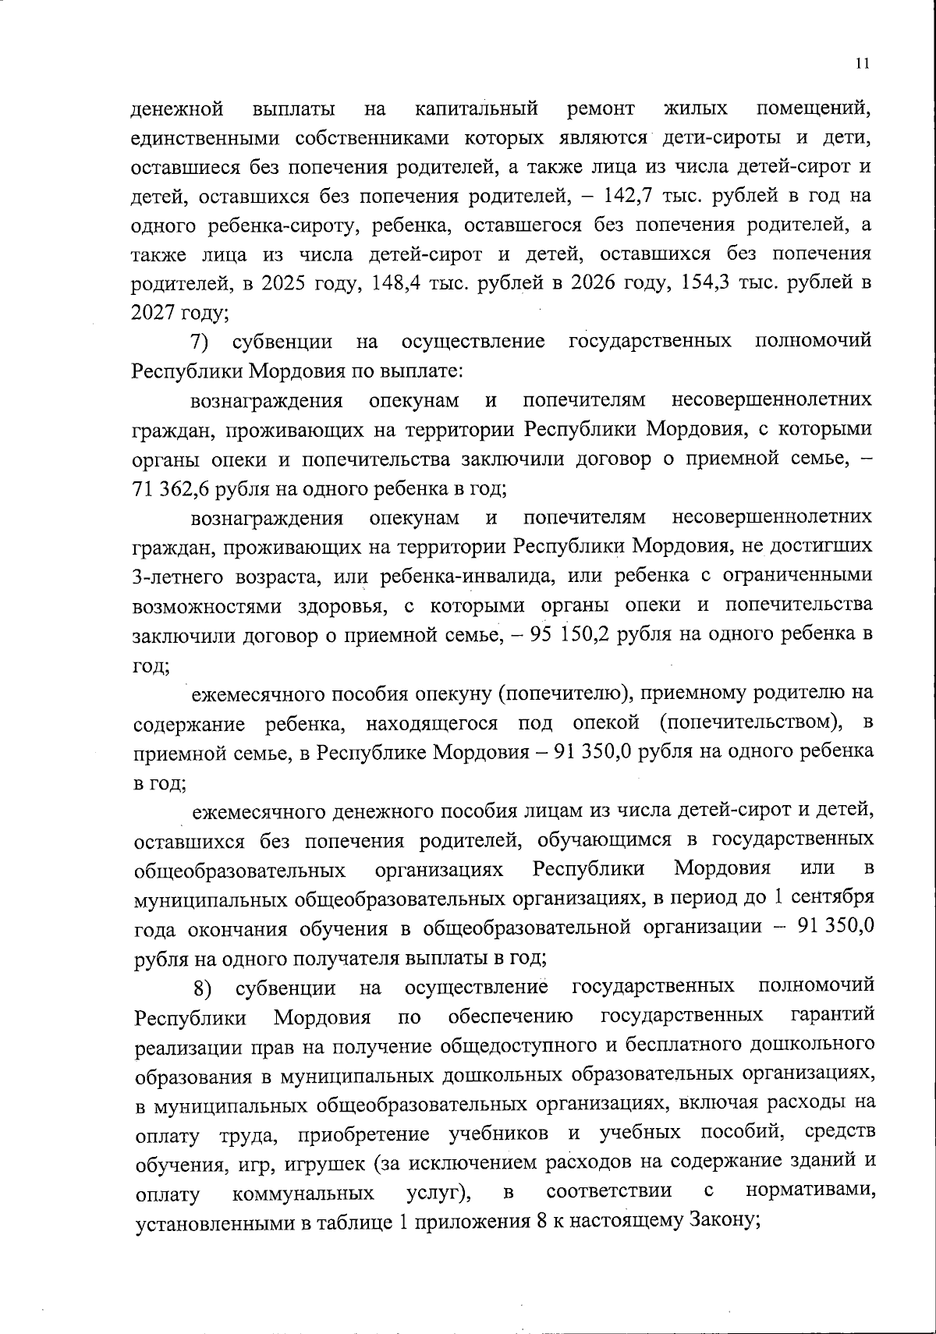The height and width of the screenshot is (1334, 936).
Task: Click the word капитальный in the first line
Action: (x=477, y=107)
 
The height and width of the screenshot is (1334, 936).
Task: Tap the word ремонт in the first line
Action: (x=598, y=107)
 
